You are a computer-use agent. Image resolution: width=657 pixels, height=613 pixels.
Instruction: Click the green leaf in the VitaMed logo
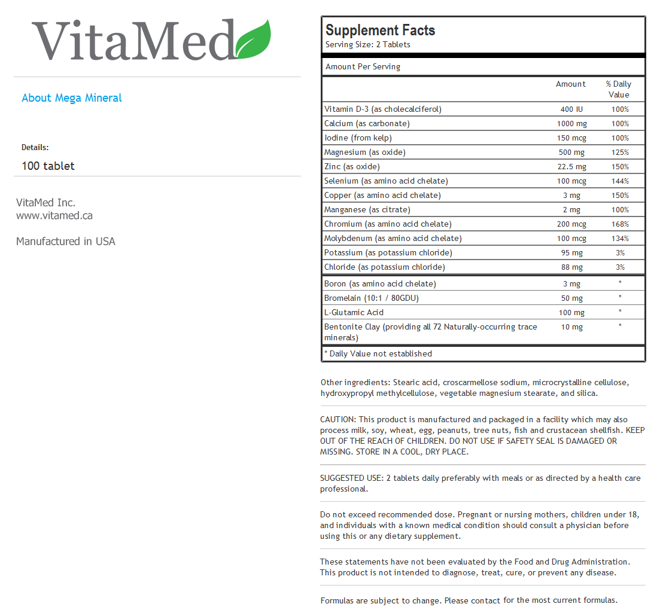click(x=254, y=39)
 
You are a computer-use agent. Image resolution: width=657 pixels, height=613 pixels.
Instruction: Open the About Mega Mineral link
click(x=72, y=98)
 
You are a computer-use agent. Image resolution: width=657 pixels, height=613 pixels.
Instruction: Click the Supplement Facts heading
click(x=380, y=31)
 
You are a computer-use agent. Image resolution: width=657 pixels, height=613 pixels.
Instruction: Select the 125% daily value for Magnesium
click(x=620, y=153)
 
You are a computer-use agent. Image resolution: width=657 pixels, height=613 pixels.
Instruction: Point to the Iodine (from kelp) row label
click(x=358, y=138)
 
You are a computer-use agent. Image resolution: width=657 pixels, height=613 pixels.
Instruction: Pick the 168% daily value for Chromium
click(x=620, y=224)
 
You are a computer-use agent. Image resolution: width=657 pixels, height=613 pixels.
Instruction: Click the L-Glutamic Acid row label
click(x=354, y=313)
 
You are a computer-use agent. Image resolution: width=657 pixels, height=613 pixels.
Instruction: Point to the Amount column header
click(x=570, y=84)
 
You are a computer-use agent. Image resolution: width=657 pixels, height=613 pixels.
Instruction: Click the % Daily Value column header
click(x=619, y=89)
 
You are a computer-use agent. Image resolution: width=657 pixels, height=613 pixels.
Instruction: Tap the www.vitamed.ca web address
click(x=54, y=216)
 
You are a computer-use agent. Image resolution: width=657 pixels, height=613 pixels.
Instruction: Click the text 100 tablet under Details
click(x=48, y=166)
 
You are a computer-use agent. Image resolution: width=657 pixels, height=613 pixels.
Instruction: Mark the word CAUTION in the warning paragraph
click(x=337, y=420)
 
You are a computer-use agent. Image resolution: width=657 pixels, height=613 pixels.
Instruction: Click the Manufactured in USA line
click(x=66, y=242)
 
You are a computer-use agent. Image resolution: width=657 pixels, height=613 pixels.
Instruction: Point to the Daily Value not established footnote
click(x=378, y=354)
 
